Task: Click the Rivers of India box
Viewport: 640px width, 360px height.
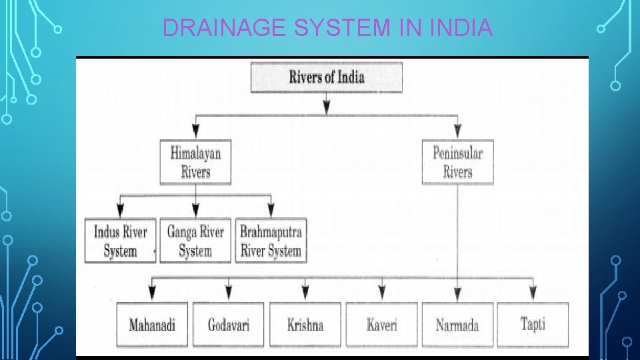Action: [326, 77]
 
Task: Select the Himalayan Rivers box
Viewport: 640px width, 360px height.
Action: [195, 162]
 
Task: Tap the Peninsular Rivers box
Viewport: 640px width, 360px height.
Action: [457, 162]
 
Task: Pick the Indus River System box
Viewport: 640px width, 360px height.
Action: [120, 241]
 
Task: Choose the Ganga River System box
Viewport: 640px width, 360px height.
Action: [195, 241]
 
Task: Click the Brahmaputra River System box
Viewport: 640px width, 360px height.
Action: [271, 241]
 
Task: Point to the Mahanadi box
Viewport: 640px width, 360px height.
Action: [152, 325]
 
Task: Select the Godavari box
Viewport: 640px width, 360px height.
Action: [229, 325]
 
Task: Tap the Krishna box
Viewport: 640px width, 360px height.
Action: [305, 325]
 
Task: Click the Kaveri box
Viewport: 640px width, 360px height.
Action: [382, 325]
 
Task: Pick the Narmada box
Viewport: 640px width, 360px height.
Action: [457, 325]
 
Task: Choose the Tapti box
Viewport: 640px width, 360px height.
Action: [533, 325]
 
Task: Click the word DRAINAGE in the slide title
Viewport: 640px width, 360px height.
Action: [204, 28]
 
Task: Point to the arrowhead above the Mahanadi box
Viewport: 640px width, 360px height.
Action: [152, 293]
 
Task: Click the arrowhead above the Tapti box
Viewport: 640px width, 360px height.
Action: [533, 293]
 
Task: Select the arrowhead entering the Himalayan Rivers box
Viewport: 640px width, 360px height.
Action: [195, 131]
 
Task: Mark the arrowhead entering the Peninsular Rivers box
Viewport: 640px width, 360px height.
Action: [457, 131]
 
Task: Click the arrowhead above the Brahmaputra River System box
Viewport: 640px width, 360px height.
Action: [271, 210]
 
